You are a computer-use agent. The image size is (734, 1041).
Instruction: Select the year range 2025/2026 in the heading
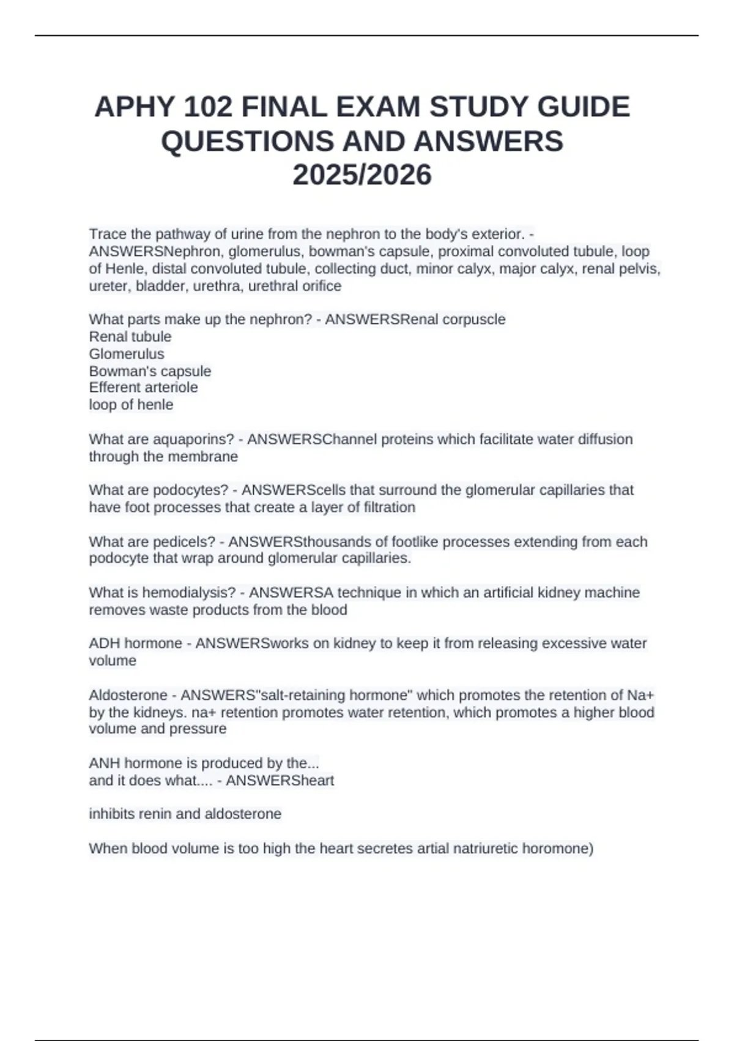click(x=362, y=175)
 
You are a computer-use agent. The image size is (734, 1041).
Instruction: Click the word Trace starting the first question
click(x=107, y=234)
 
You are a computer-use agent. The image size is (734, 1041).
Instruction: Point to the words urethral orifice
click(x=294, y=286)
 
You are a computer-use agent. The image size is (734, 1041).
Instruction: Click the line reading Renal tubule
click(x=130, y=337)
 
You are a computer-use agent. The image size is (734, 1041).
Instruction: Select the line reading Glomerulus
click(x=127, y=354)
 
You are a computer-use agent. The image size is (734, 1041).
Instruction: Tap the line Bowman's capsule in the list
click(x=150, y=371)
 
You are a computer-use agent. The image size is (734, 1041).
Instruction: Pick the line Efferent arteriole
click(x=143, y=388)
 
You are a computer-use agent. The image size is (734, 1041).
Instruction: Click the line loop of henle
click(x=131, y=405)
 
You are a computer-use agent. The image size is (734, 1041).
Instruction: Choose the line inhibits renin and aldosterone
click(x=185, y=814)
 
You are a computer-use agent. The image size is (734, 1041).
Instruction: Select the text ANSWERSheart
click(x=280, y=781)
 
